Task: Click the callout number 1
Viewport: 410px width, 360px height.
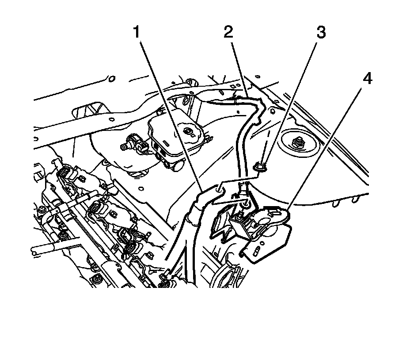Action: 137,32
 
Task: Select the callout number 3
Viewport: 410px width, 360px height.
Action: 321,32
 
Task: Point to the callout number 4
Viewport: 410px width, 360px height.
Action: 367,80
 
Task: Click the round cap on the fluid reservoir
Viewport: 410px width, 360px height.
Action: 188,131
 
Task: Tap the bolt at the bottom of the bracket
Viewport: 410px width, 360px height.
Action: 245,204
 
